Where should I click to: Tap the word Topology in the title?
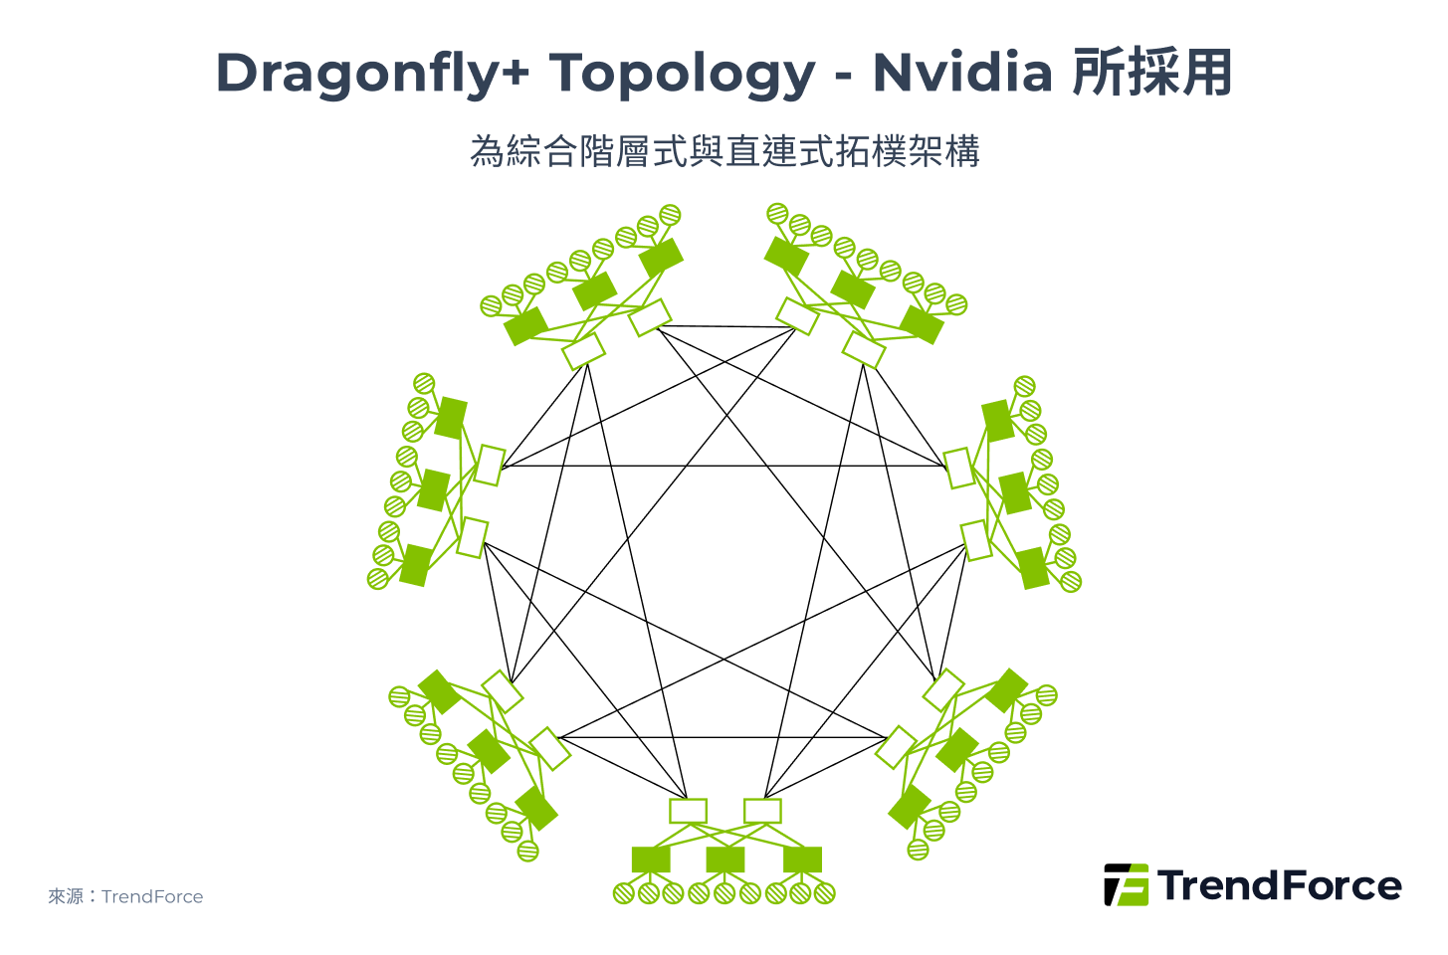[682, 74]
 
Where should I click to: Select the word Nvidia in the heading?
[962, 74]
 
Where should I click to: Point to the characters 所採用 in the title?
[1152, 74]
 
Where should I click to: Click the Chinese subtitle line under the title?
[724, 151]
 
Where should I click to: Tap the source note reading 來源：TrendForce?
[125, 896]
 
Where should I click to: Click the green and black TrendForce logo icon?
[1126, 884]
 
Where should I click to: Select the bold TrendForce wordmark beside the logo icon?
[1280, 885]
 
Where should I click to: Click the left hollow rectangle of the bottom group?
[688, 811]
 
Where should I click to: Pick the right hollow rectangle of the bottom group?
[762, 811]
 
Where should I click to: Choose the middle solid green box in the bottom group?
[725, 859]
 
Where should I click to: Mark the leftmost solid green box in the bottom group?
[651, 859]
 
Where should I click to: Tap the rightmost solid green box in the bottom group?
[802, 859]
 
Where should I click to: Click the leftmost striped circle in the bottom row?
[623, 893]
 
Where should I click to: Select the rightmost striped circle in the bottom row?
[825, 893]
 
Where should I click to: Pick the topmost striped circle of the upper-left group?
[670, 214]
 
